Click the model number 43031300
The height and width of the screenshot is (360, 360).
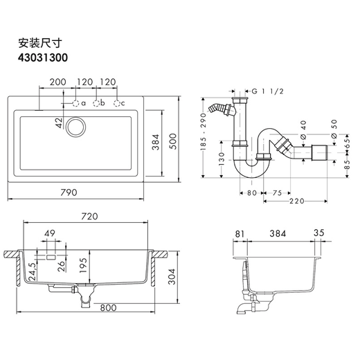[43, 57]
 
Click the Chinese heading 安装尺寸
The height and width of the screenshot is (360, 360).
[40, 43]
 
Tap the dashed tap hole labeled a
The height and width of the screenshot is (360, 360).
[75, 104]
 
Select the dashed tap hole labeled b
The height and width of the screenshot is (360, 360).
[96, 104]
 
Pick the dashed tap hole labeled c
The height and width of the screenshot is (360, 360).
[117, 104]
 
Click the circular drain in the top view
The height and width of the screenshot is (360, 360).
[75, 127]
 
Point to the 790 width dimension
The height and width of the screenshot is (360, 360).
[69, 192]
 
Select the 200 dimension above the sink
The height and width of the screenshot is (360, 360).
[58, 82]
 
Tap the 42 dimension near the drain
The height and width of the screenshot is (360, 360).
[59, 123]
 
